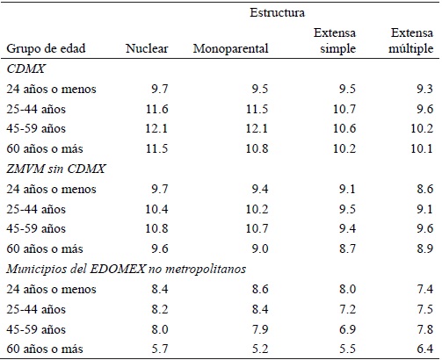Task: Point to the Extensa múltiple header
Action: tap(409, 40)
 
